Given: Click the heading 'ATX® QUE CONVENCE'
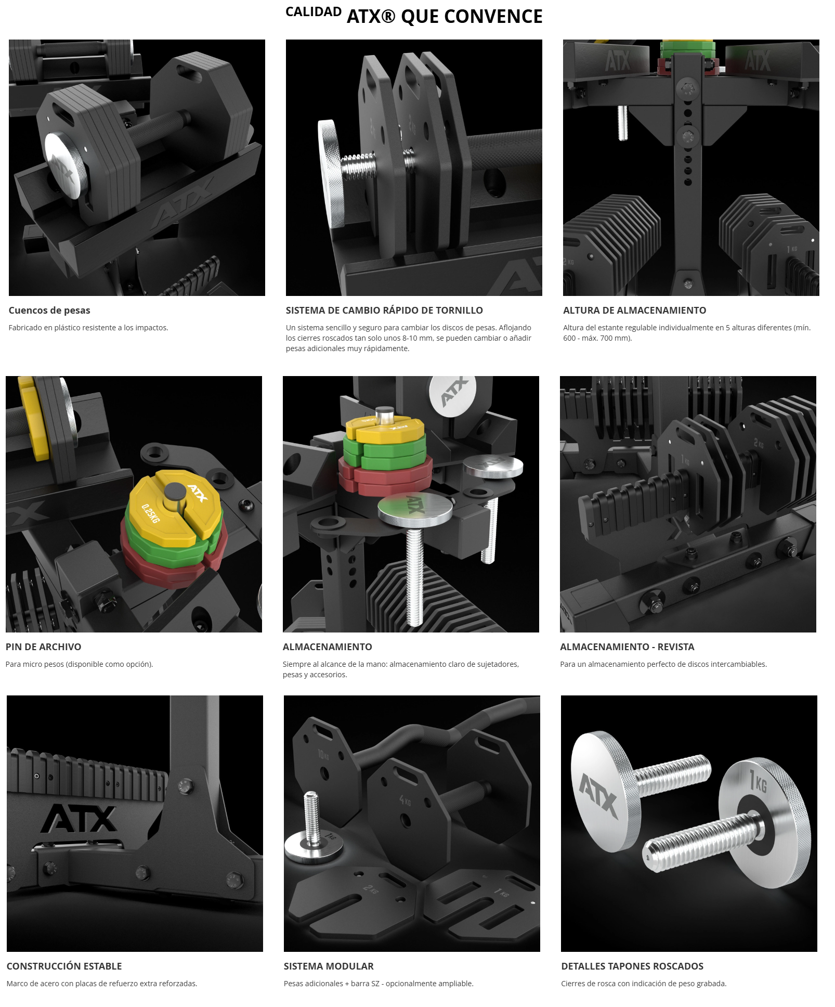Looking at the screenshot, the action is (x=445, y=17).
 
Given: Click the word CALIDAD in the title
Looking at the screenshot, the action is (x=314, y=12).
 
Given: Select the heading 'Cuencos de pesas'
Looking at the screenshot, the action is (x=49, y=311).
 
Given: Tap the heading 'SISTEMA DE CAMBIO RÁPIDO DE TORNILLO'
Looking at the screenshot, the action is (x=384, y=311).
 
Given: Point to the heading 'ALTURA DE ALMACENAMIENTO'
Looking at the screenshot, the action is (x=634, y=311).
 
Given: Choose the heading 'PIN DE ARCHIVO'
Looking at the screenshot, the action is (x=44, y=647).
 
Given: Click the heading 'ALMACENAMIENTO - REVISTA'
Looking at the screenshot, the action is (x=627, y=647).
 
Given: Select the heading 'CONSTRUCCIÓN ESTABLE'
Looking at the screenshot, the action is (x=64, y=966).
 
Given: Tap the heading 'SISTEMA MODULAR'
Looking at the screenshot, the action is (x=329, y=966).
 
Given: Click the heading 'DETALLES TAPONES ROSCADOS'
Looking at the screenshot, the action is (x=632, y=966).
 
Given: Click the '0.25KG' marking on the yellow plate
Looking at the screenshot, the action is (x=150, y=513).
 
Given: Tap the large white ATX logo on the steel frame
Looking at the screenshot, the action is (x=80, y=819).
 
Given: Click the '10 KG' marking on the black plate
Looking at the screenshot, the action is (x=323, y=754).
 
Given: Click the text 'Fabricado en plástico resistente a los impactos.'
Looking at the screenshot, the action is (x=88, y=328).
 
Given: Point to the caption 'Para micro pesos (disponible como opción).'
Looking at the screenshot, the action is (x=80, y=664).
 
